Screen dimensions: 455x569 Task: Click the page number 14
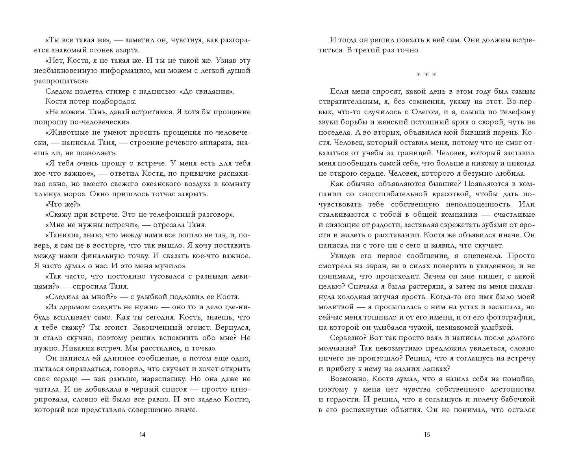point(143,435)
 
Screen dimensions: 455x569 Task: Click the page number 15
point(427,435)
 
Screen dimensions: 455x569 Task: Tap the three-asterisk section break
point(426,75)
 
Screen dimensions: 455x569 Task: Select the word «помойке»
point(518,379)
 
